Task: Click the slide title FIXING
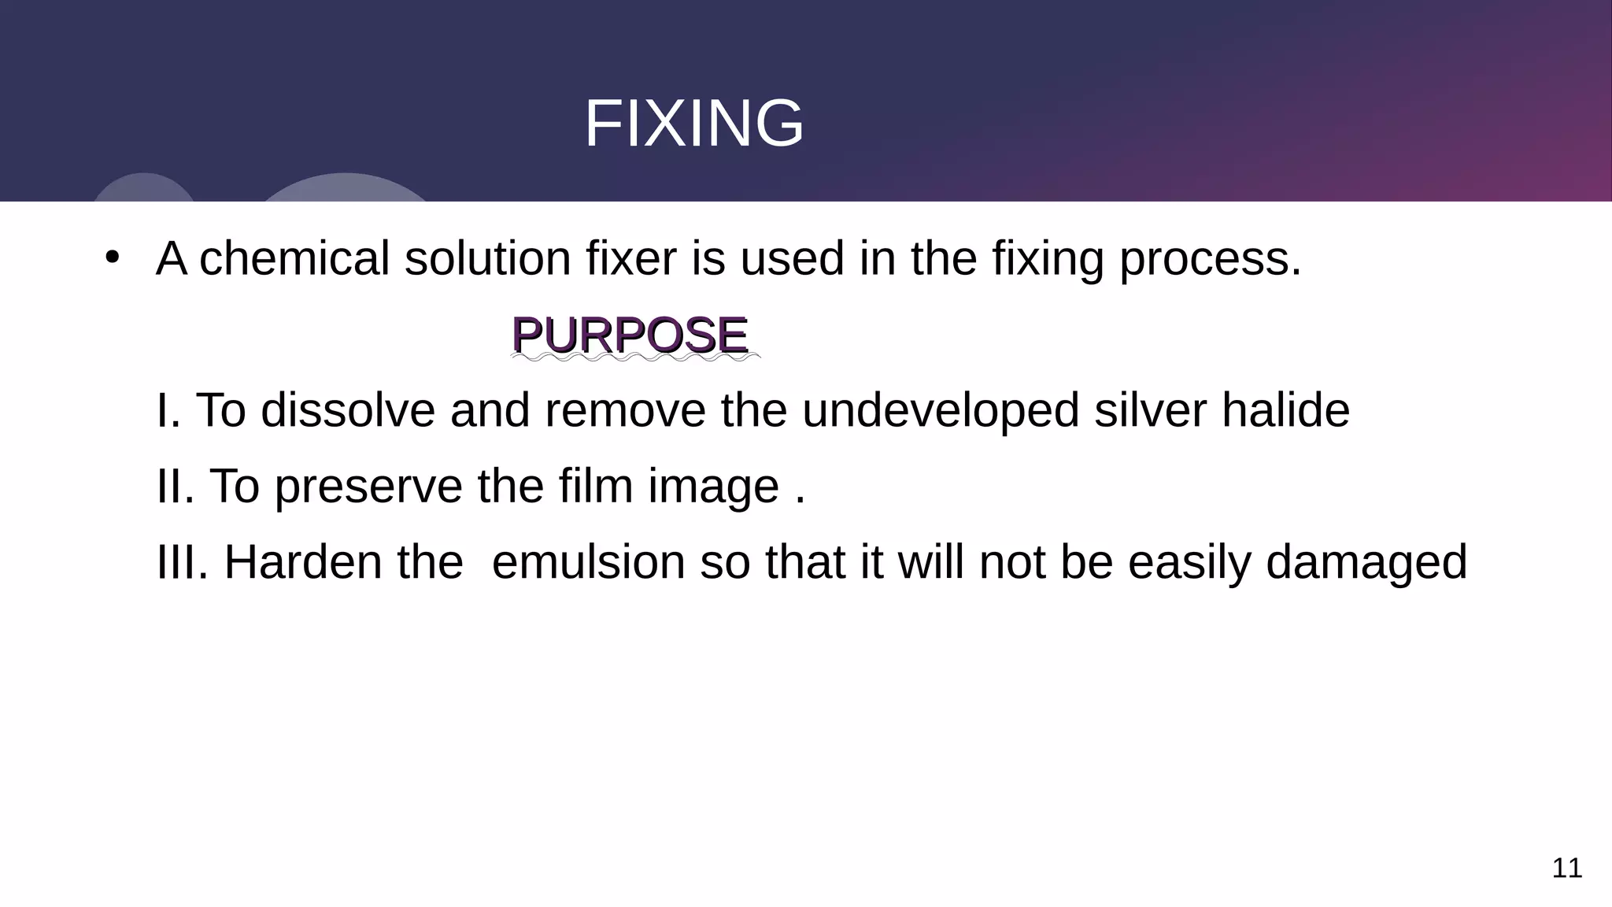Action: [x=693, y=124]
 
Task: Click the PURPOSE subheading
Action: [x=629, y=335]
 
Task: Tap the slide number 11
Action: [x=1566, y=868]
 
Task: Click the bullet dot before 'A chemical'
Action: [x=112, y=257]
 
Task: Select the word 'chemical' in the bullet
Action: [x=294, y=258]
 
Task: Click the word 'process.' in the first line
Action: [x=1211, y=260]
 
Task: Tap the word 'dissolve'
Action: [x=347, y=410]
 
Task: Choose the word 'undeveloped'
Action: [x=941, y=412]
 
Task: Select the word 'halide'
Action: [x=1285, y=410]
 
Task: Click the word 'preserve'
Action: [x=368, y=487]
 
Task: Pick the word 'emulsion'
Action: [x=588, y=562]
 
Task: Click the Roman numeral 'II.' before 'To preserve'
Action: [x=176, y=486]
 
